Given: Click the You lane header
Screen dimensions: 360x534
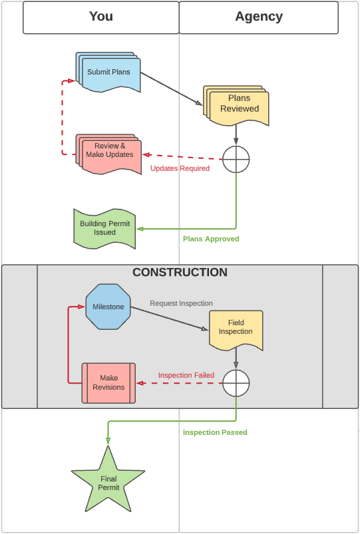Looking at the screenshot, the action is click(x=101, y=17).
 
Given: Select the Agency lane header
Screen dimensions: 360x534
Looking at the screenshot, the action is click(x=259, y=17).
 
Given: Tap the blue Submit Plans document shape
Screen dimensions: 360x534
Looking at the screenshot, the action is click(x=108, y=72).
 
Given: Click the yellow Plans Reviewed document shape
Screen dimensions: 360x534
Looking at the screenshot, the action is click(x=236, y=106).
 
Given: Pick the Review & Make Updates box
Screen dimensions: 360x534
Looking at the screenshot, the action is click(x=108, y=154).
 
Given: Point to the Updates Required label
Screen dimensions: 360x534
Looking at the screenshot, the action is click(x=180, y=168).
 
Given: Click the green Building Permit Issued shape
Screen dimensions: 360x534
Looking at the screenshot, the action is click(x=104, y=229).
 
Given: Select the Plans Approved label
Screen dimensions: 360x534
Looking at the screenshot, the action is click(x=211, y=239).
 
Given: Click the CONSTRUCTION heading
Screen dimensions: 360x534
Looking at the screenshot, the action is click(x=180, y=272).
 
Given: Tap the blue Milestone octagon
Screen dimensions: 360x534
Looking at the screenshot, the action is click(x=108, y=307).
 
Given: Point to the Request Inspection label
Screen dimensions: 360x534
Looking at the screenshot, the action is click(x=182, y=303).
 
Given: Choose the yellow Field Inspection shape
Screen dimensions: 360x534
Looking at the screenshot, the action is click(x=236, y=330).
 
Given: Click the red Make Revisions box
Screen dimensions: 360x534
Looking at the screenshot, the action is click(x=108, y=383).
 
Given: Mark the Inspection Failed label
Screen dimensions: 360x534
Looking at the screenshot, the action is click(x=186, y=375).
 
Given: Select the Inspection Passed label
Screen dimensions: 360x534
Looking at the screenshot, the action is click(x=215, y=432).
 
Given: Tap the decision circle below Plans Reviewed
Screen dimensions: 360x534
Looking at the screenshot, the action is click(x=236, y=159).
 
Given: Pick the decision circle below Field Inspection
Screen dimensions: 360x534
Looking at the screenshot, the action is click(x=236, y=383).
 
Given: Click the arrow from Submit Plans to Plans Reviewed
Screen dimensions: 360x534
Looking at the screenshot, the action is click(x=172, y=88).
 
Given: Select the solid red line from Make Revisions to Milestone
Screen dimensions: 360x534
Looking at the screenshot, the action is click(x=69, y=344).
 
